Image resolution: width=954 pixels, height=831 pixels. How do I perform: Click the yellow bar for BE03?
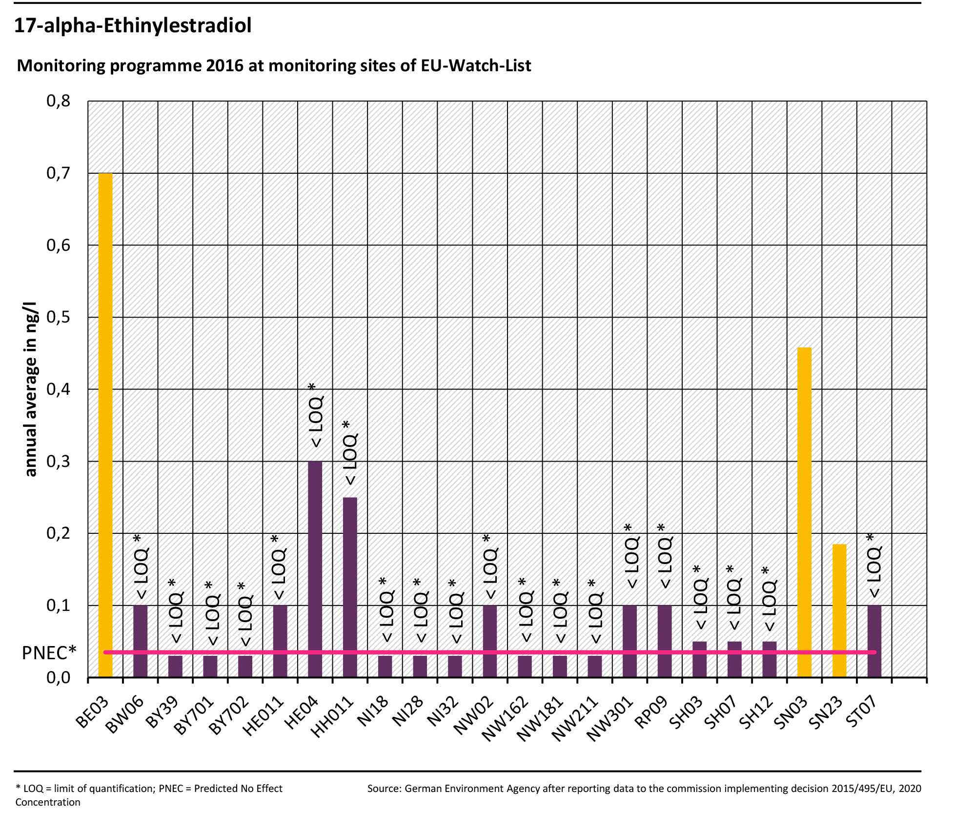tap(105, 425)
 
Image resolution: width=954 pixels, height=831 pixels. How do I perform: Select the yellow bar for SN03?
tap(804, 512)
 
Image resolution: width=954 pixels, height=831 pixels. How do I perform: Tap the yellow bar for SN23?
tap(839, 610)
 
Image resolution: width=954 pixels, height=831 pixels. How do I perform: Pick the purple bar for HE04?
tap(315, 568)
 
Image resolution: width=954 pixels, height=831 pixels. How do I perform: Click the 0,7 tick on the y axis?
tap(59, 173)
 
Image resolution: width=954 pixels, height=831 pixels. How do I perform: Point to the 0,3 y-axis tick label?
tap(59, 461)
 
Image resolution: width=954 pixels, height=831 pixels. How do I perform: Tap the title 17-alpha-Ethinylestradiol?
tap(133, 25)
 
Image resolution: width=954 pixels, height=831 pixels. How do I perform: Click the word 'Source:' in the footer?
tap(384, 789)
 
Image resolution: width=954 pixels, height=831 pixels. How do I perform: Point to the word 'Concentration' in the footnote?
tap(48, 802)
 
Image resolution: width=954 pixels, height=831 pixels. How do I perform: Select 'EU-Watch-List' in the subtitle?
tap(476, 65)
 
